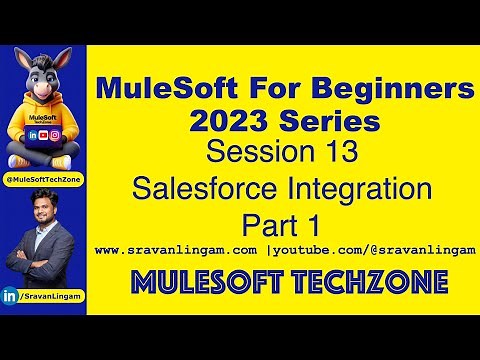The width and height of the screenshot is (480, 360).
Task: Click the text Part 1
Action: point(282,219)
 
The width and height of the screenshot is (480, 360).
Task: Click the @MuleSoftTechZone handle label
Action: point(43,178)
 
